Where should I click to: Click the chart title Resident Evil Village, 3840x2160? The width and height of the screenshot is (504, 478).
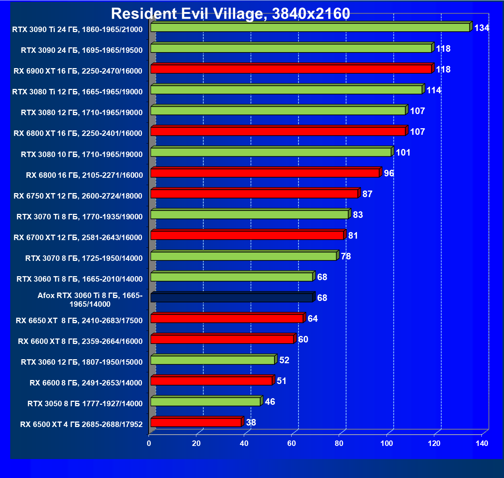point(230,14)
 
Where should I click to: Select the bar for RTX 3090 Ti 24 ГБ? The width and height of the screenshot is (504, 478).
point(310,28)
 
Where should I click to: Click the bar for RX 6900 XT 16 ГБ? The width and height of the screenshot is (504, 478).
point(291,69)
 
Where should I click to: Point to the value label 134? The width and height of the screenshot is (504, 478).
point(481,28)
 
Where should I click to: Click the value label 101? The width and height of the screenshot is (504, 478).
point(403,153)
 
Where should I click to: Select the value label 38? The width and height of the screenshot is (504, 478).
point(251,423)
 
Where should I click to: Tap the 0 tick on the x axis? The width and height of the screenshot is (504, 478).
point(149,443)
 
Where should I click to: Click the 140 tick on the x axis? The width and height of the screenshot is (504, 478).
point(482,443)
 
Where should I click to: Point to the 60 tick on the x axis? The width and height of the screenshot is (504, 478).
point(292,443)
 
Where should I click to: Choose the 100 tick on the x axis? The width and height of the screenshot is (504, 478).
point(386,443)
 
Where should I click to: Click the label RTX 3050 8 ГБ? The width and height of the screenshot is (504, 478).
point(85,404)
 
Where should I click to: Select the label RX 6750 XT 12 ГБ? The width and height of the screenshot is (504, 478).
point(78,196)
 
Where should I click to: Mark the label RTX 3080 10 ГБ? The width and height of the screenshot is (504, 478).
point(81,154)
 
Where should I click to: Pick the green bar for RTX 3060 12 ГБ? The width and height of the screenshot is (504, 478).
point(212,360)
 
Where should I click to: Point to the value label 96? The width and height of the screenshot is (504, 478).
point(389,173)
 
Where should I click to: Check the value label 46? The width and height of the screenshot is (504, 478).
point(270,402)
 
